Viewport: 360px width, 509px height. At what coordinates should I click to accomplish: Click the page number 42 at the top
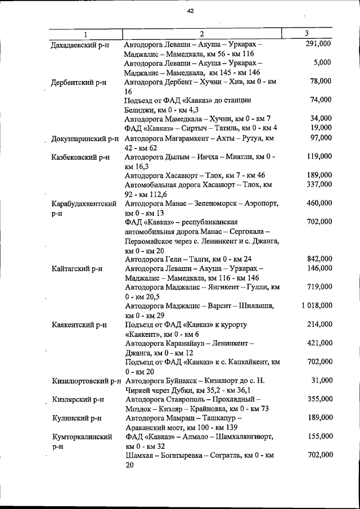coord(191,11)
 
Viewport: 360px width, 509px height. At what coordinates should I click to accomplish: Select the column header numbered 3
coord(307,33)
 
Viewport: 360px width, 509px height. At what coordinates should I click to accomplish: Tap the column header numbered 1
coord(85,34)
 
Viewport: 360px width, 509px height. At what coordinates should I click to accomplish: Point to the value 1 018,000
coord(316,305)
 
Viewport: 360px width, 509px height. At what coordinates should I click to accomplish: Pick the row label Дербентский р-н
coord(79,82)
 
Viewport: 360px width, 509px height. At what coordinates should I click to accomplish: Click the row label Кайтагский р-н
coord(77,269)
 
